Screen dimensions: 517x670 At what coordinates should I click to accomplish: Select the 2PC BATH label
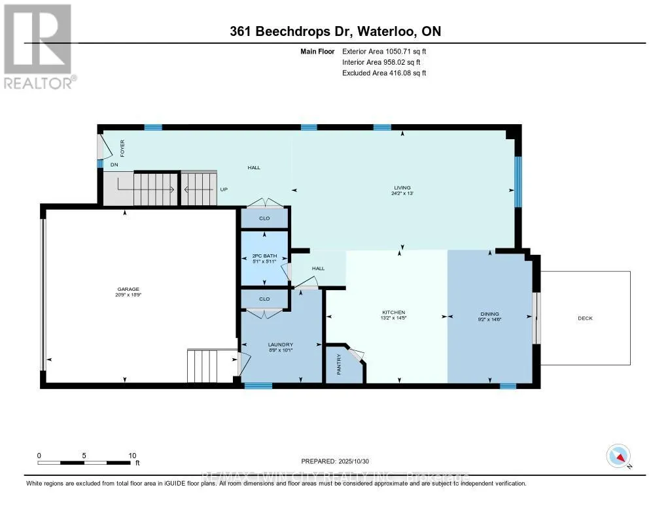265,256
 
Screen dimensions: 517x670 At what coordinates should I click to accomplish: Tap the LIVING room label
402,188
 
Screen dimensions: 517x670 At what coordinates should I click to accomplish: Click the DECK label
585,318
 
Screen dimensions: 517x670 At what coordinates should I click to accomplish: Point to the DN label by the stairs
113,165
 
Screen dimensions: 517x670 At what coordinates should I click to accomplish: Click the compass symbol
617,456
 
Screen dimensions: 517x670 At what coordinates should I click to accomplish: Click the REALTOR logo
39,46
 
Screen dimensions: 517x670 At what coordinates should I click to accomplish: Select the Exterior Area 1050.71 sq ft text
385,51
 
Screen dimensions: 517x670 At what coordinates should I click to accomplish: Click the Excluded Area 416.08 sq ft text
385,73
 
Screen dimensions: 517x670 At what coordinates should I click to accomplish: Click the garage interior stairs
202,366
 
